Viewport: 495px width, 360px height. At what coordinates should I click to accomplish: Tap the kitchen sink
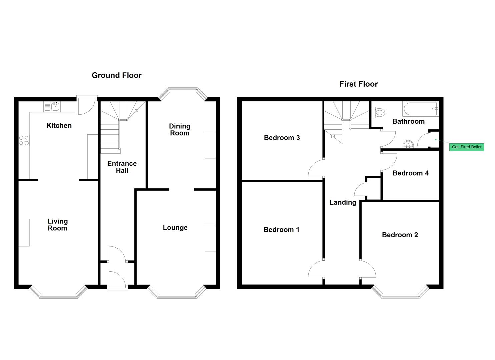tap(55, 107)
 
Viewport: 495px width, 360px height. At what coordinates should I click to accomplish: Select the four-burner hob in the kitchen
tap(24, 140)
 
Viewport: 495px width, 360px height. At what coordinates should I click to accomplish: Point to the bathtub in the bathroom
tap(421, 109)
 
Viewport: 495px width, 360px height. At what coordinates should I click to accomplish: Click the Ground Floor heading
tap(116, 75)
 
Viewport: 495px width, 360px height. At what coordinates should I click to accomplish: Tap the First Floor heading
tap(358, 84)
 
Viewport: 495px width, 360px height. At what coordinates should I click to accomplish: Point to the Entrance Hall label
tap(122, 167)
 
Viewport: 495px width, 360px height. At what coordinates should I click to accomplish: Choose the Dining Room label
tap(180, 130)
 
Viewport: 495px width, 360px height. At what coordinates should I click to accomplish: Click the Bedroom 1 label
tap(281, 230)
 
